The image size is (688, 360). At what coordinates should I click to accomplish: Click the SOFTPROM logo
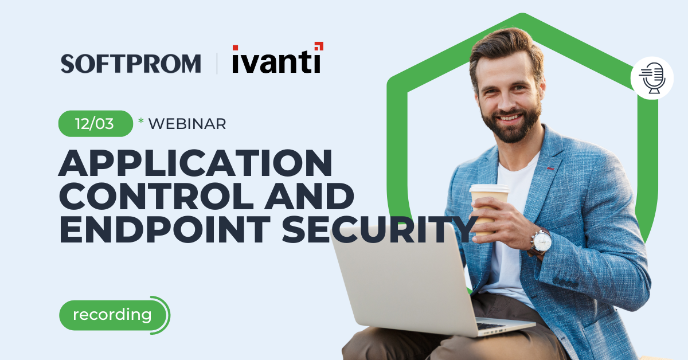point(131,64)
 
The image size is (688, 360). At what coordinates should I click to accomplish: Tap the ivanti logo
point(278,58)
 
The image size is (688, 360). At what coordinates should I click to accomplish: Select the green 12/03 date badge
point(96,123)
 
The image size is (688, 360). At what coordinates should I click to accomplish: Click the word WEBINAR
point(187,124)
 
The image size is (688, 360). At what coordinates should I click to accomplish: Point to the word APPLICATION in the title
point(196,163)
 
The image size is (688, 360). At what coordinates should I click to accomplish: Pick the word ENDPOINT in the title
point(165,229)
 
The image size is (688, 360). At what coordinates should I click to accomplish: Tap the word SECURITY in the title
point(380,229)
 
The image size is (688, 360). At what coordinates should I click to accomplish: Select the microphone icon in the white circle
point(652,78)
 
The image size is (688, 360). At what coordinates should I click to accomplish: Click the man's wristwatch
point(541,242)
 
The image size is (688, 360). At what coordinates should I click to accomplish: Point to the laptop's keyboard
point(491,326)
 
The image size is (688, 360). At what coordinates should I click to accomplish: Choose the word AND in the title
point(309,196)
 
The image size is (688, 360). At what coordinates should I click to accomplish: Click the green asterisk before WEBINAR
point(141,120)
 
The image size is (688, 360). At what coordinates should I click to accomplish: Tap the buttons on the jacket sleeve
point(565,283)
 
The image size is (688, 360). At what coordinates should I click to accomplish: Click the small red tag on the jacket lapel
point(550,169)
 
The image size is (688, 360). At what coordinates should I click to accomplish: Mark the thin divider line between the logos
point(217,64)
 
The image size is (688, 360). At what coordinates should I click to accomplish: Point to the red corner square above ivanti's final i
point(319,46)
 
